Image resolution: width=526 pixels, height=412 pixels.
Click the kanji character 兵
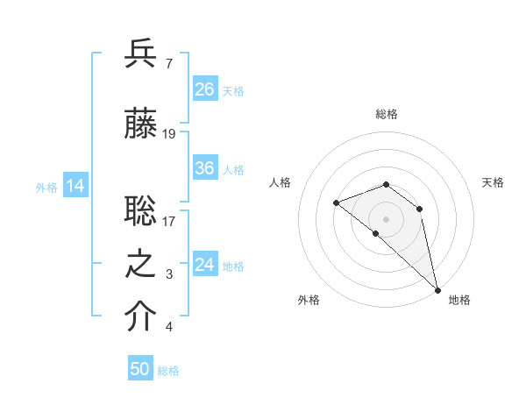point(141,53)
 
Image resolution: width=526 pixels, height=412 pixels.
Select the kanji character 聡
point(141,210)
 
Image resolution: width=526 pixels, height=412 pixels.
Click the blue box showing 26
point(204,89)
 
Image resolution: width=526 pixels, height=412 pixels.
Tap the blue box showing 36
point(204,169)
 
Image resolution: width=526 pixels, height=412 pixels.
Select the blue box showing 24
point(204,266)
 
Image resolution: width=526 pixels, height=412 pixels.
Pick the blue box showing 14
point(75,186)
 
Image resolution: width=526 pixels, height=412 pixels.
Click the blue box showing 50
point(140,369)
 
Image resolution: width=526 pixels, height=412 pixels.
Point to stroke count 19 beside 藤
point(169,134)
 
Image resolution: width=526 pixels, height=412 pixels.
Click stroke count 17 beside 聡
point(169,221)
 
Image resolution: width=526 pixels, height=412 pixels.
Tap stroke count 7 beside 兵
point(168,64)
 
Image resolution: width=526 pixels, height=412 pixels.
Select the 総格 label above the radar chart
point(387,114)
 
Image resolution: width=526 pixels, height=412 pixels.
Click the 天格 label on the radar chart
point(493,182)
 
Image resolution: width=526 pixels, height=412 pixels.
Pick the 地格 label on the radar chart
point(459,300)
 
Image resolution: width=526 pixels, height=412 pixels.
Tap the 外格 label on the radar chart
point(309,300)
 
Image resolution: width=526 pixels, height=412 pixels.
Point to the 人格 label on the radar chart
point(280,182)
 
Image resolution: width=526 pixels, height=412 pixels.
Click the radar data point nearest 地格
point(437,289)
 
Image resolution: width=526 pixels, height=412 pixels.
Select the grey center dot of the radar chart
point(387,218)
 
